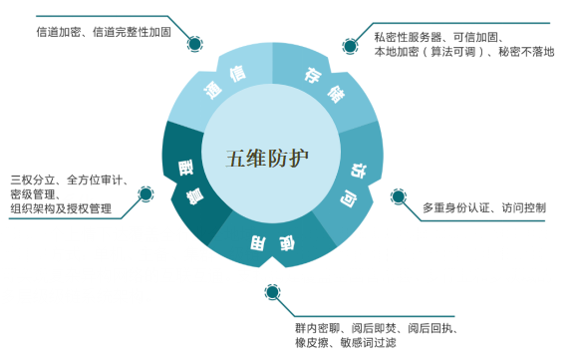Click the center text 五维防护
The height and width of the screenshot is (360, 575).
pyautogui.click(x=267, y=158)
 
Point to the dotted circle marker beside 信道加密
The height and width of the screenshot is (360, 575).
pyautogui.click(x=194, y=43)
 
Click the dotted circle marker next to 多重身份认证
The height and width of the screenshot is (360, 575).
pyautogui.click(x=399, y=196)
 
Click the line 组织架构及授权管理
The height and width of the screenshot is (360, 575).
pyautogui.click(x=61, y=209)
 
